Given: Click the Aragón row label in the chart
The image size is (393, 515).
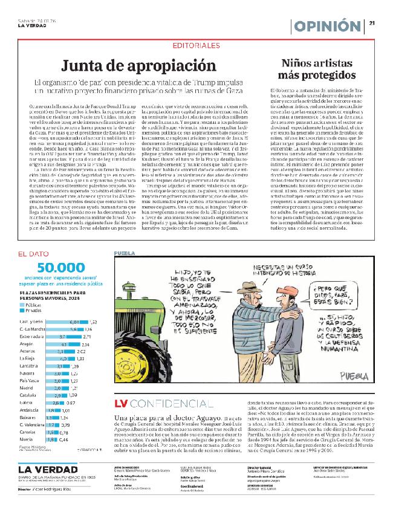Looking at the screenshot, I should tap(28, 345).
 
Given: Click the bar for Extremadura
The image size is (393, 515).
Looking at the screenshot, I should tap(63, 337).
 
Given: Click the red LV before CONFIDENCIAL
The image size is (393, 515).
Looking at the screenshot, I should tap(120, 403).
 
